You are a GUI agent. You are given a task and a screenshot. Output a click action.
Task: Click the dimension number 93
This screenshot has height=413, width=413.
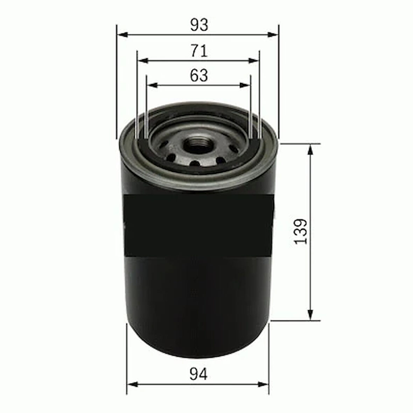point(199,24)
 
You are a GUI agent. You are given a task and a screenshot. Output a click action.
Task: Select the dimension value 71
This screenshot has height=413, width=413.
point(199,51)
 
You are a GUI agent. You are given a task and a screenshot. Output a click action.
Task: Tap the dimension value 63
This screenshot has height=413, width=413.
point(199,75)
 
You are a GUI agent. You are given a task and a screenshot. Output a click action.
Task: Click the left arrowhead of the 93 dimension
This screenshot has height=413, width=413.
point(121,34)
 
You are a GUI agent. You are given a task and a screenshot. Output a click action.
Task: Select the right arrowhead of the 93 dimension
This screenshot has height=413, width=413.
point(274,34)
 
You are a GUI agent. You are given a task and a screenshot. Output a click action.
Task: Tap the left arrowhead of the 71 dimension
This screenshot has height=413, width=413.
point(142,61)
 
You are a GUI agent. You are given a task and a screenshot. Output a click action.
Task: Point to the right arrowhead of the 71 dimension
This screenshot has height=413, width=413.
point(255,61)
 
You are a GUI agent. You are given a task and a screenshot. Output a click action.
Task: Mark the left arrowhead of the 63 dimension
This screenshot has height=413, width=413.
point(151,85)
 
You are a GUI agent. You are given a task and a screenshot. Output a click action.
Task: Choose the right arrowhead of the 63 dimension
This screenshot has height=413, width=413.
point(246,85)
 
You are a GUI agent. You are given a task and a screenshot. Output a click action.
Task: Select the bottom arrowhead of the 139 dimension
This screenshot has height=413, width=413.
point(310,315)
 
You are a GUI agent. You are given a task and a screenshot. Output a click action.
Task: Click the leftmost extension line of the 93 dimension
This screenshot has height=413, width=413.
point(116,80)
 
